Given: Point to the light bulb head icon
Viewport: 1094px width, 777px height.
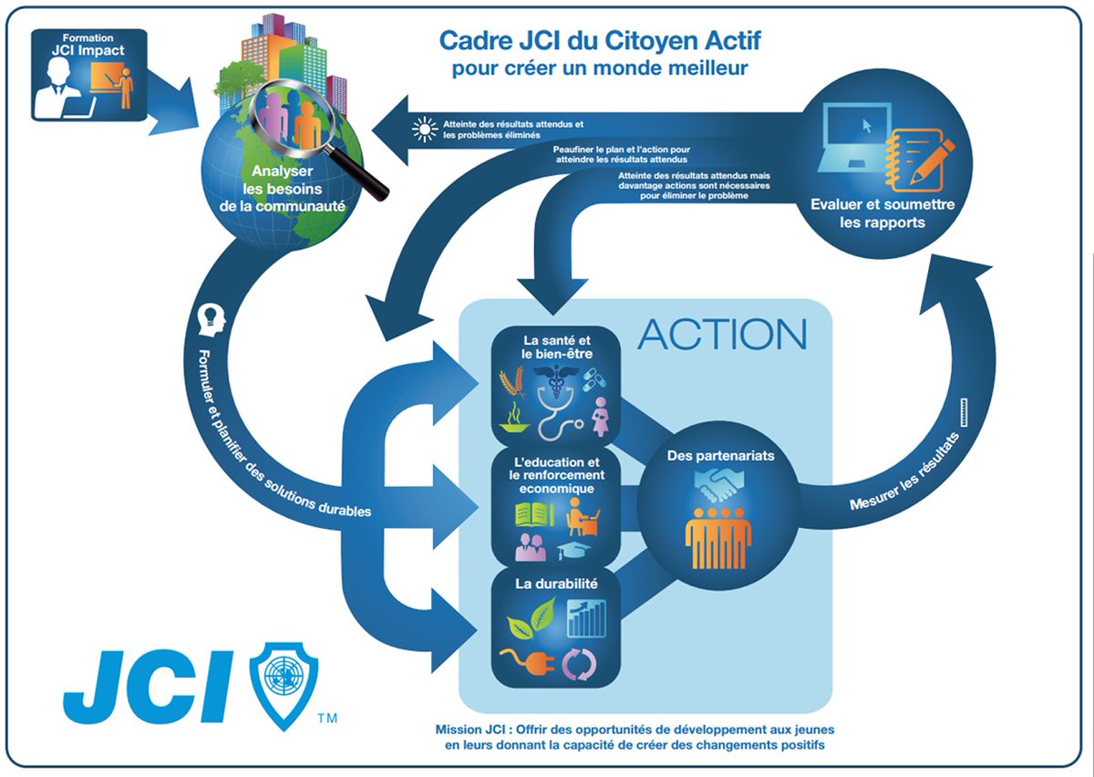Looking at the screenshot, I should point(212,318).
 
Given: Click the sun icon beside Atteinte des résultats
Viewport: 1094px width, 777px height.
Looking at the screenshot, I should point(425,131).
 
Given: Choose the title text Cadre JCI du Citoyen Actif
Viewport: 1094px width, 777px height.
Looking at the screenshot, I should point(601,41).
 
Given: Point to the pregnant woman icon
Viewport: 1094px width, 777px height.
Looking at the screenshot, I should point(601,415).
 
